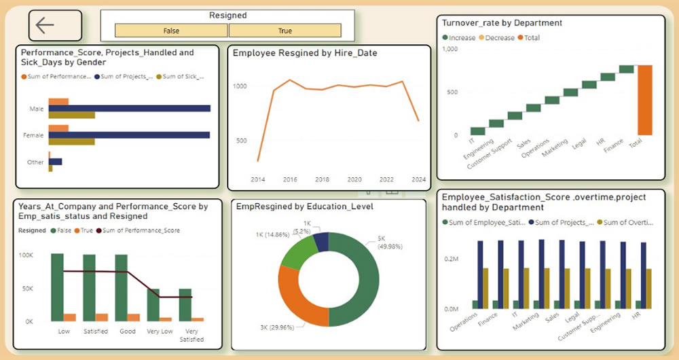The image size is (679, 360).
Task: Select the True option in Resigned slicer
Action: point(285,31)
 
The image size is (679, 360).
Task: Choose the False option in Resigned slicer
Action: point(171,31)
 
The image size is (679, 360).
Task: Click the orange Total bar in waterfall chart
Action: point(644,100)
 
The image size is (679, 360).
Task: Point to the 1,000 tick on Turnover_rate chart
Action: point(449,49)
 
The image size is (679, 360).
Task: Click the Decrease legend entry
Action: point(500,38)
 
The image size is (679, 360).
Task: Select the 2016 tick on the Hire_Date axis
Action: point(290,180)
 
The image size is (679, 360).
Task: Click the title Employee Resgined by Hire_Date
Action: point(305,53)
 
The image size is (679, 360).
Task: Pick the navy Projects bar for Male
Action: point(129,108)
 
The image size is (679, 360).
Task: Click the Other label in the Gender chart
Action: point(36,162)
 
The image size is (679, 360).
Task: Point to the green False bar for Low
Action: point(57,287)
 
